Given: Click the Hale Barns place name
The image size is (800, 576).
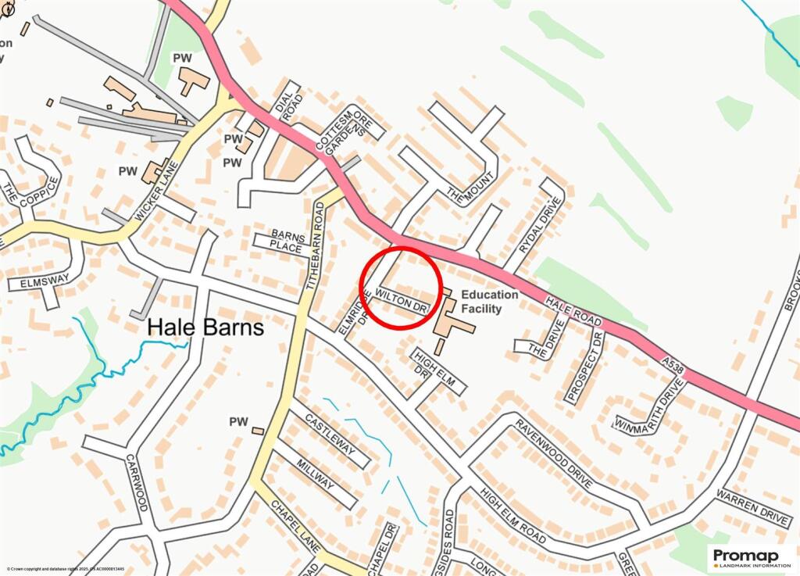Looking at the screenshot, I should pyautogui.click(x=206, y=327).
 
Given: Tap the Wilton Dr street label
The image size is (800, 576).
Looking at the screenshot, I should pyautogui.click(x=403, y=300).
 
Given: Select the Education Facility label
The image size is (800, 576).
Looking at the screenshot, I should pyautogui.click(x=489, y=301).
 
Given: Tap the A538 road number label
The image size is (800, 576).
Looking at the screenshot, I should pyautogui.click(x=671, y=365).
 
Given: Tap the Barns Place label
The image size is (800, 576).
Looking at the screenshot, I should pyautogui.click(x=286, y=241).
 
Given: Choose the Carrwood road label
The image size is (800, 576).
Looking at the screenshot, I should pyautogui.click(x=137, y=483).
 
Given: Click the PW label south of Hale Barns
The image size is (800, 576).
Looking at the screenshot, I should pyautogui.click(x=238, y=422).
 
